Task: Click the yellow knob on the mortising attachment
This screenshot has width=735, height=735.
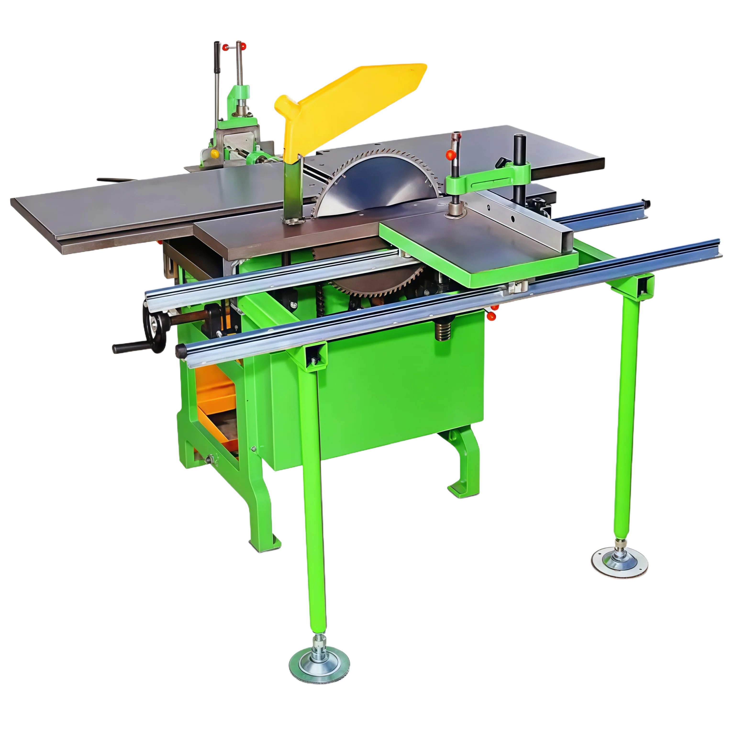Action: [214, 154]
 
